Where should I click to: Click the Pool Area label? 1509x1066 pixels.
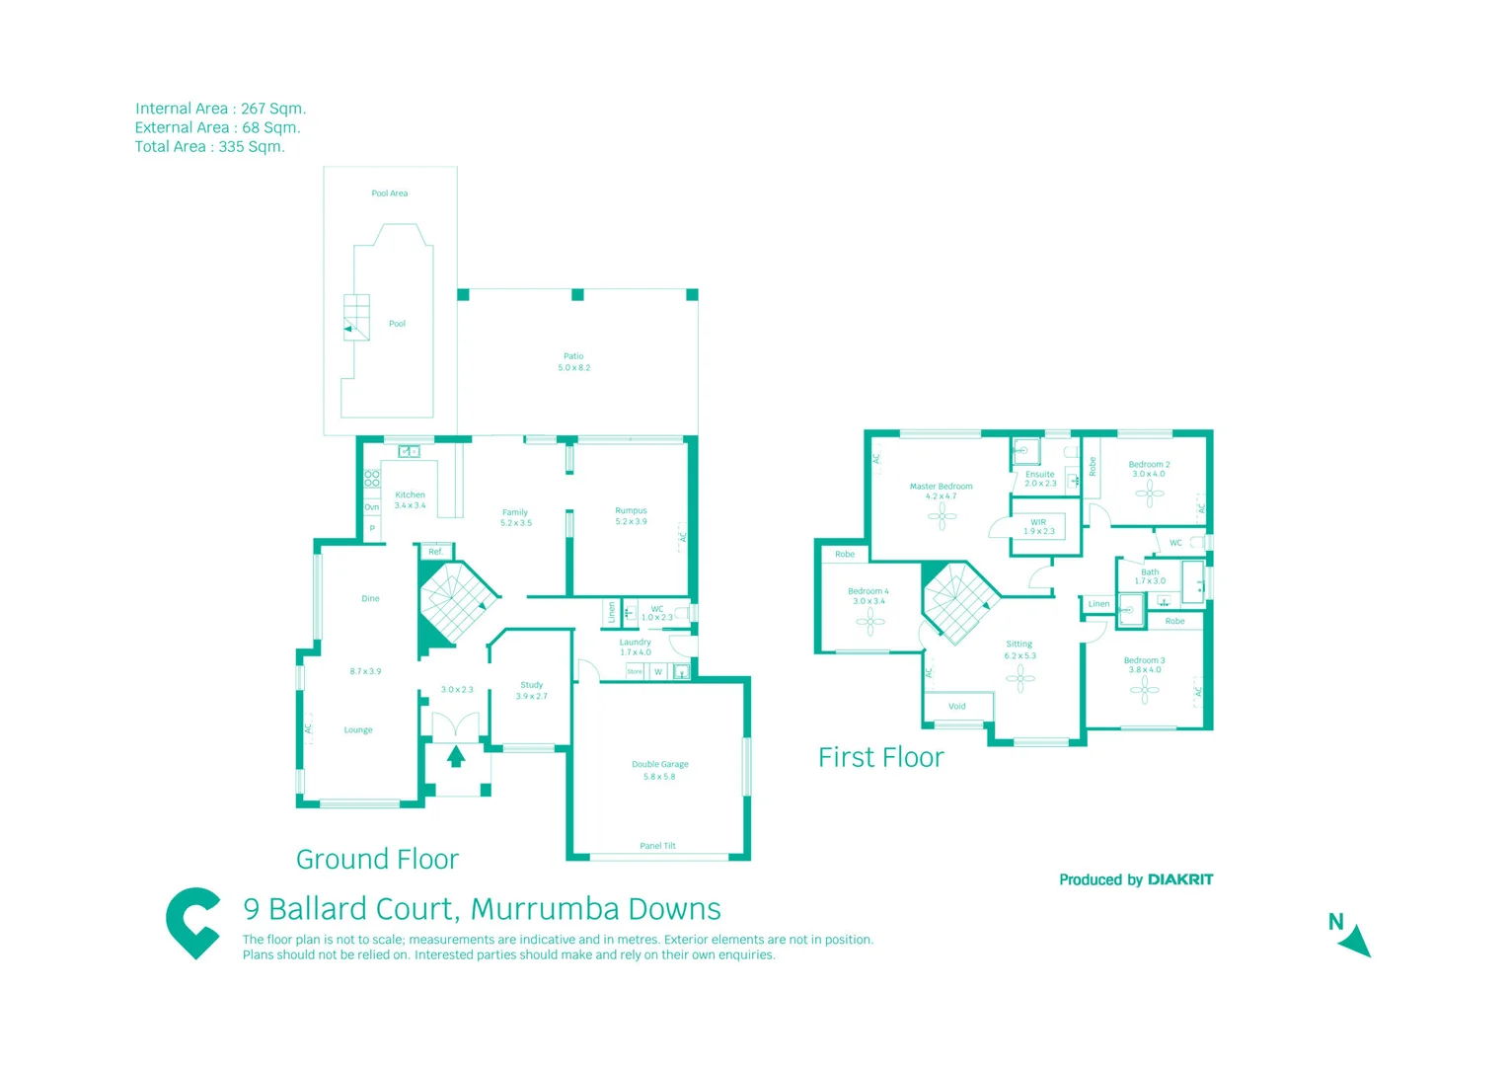coord(389,193)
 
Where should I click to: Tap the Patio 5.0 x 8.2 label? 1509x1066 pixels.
coord(573,362)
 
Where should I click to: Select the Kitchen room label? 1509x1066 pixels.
coord(410,499)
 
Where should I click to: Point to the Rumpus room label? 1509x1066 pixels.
coord(631,515)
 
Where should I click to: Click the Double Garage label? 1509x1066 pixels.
coord(659,770)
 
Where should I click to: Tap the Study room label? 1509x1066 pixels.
coord(531,690)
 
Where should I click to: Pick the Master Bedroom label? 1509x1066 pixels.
coord(941,491)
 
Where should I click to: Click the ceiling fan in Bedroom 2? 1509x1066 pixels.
coord(1149,493)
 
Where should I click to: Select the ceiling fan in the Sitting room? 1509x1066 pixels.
coord(1019,677)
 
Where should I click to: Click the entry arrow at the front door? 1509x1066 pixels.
coord(456,757)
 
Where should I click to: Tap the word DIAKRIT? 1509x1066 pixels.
coord(1180,879)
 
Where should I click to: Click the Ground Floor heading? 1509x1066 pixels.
coord(377,859)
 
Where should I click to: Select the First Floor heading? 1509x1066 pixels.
coord(880,757)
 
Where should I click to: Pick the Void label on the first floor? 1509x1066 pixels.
coord(956,707)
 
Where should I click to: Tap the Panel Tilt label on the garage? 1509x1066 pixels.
coord(657,846)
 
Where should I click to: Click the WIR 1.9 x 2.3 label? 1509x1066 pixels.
coord(1038,527)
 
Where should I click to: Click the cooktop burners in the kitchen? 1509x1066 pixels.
coord(372,480)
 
